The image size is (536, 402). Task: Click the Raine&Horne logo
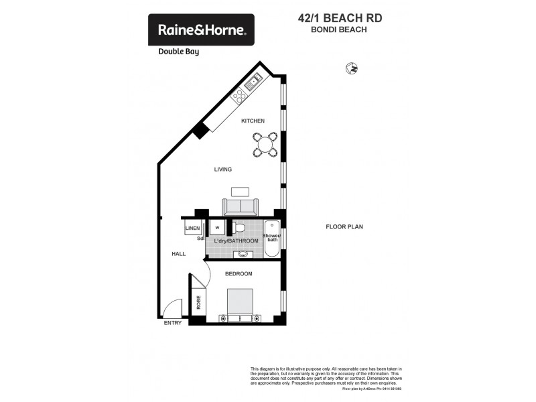(201, 30)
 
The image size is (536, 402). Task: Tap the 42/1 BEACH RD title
(340, 19)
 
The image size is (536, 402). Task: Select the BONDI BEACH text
(340, 30)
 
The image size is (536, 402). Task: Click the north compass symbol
(351, 68)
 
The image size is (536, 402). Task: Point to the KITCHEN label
(253, 121)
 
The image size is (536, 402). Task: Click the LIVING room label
(223, 170)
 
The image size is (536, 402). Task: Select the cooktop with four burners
(240, 96)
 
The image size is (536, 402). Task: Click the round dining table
(265, 143)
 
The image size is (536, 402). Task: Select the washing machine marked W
(218, 228)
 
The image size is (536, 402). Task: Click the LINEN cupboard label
(193, 228)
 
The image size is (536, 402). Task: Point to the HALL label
(178, 254)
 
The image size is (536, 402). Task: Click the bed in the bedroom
(239, 305)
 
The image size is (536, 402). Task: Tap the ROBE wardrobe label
(198, 301)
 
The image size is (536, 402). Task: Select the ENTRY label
(173, 323)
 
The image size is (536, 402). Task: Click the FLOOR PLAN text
(344, 227)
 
